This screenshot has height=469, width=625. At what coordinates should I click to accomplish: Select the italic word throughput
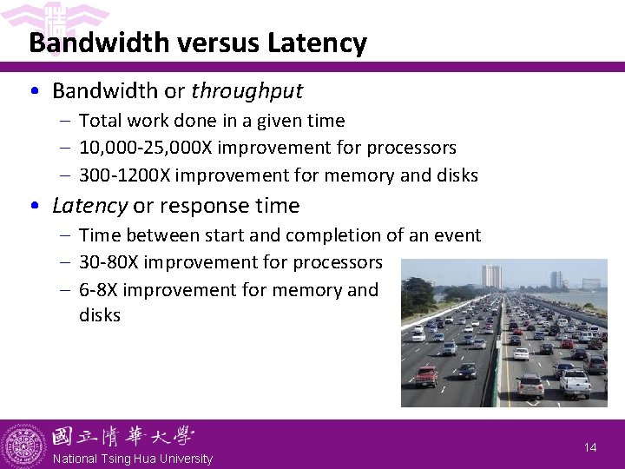tap(247, 90)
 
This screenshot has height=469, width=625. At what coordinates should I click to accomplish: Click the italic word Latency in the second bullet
tap(89, 206)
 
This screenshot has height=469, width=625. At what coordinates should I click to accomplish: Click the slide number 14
tap(590, 447)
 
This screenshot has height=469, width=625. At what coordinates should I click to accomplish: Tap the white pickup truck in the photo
tap(574, 381)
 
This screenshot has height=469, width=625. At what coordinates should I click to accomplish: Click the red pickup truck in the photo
tap(425, 375)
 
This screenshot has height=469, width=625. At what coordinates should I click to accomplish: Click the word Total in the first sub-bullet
tap(100, 121)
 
